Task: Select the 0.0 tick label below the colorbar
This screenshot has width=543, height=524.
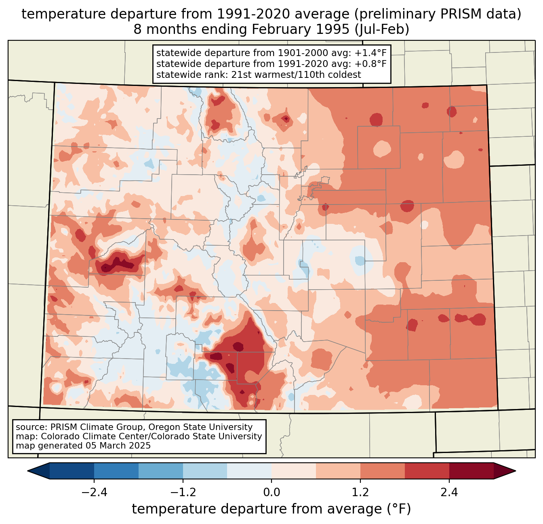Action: (x=271, y=493)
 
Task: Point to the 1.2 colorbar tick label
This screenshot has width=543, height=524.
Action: (x=360, y=493)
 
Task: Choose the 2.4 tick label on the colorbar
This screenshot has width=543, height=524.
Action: (x=449, y=493)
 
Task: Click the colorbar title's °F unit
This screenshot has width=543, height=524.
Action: (x=398, y=509)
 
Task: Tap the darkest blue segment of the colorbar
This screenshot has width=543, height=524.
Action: (x=72, y=471)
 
